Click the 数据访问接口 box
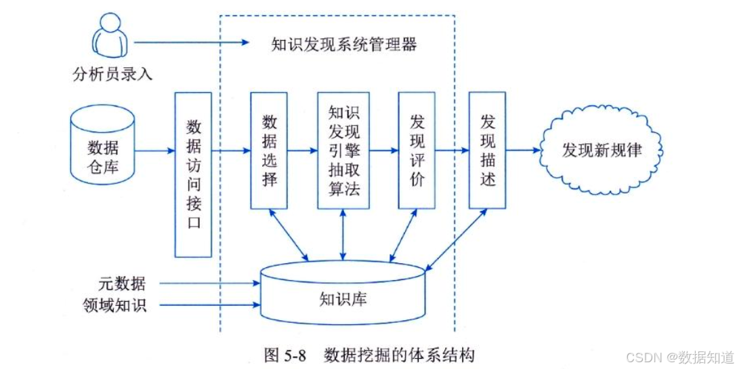[x=193, y=174]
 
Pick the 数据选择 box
[x=270, y=150]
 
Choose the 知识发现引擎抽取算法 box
[x=343, y=150]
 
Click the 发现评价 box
[x=417, y=150]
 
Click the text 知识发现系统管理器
[x=343, y=45]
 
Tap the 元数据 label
[x=121, y=284]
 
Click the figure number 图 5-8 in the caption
[x=285, y=354]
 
